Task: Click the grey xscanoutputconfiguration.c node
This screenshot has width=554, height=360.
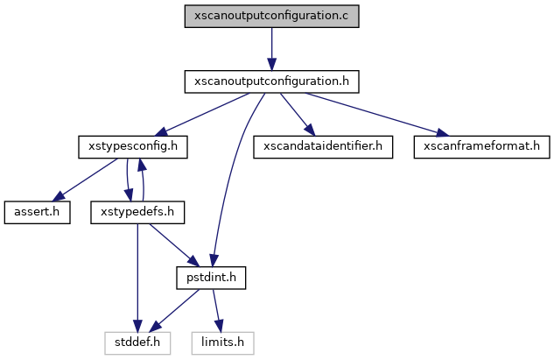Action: click(x=271, y=17)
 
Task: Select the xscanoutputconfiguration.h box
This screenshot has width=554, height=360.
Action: click(x=271, y=81)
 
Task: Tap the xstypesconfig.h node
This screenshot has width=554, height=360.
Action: click(x=133, y=146)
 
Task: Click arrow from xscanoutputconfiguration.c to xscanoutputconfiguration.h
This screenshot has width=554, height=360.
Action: click(x=271, y=49)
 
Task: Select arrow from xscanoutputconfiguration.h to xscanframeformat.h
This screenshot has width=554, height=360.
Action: click(x=376, y=114)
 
